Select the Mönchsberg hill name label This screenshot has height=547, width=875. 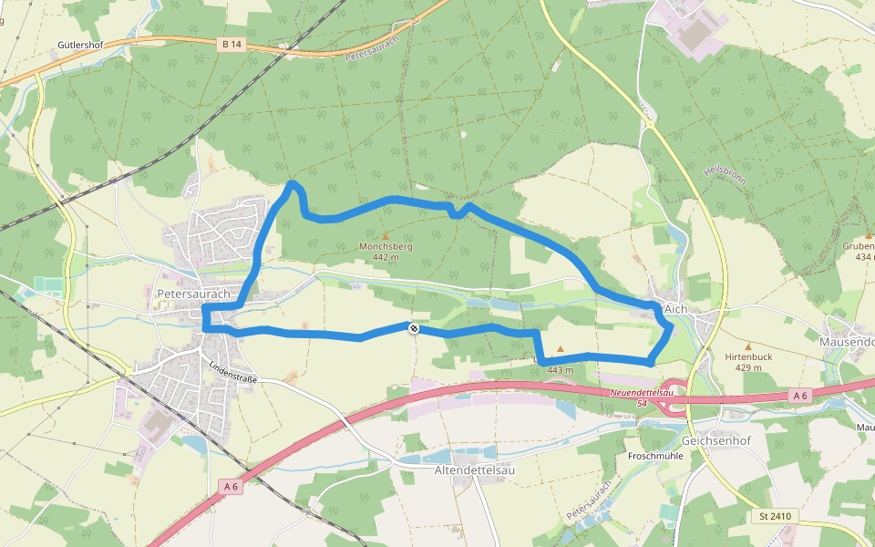[x=386, y=246]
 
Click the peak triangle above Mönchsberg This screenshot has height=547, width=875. [x=386, y=235]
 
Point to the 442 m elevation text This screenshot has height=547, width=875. [x=386, y=257]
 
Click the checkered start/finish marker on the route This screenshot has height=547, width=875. [x=414, y=328]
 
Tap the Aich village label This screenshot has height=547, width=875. [x=675, y=309]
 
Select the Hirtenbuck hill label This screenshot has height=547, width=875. [x=748, y=356]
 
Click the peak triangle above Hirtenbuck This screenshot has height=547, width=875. [x=748, y=346]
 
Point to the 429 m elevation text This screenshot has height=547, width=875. [x=748, y=367]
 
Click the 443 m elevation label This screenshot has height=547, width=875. [x=560, y=369]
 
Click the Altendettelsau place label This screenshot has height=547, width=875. [x=475, y=470]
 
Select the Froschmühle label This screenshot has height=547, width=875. [x=655, y=455]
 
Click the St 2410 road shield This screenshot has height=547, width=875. [x=774, y=516]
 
